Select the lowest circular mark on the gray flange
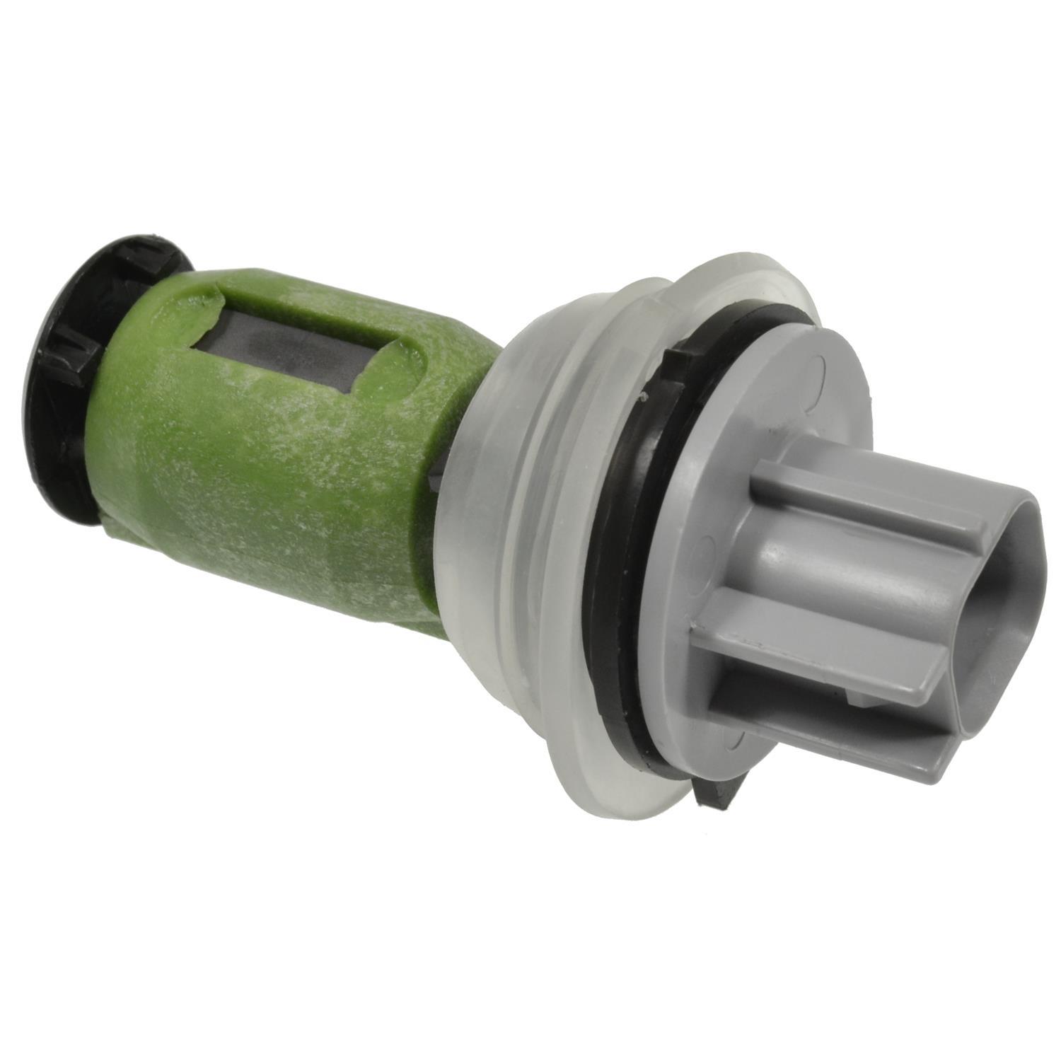pyautogui.click(x=740, y=736)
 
